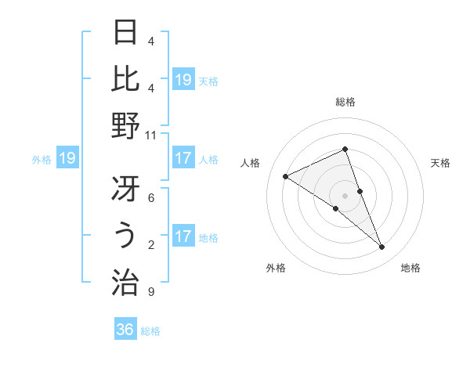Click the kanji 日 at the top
coord(126,34)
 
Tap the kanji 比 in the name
coord(126,78)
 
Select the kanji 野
coord(126,125)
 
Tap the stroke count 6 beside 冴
coord(150,199)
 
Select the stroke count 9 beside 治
coord(150,292)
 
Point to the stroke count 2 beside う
coord(150,245)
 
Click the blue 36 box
coord(125,330)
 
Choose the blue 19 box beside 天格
coord(183,80)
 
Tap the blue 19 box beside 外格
coord(67,159)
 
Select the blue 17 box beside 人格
coord(183,159)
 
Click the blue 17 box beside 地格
coord(183,237)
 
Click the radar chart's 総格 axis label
coord(345,102)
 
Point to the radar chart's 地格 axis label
coord(410,269)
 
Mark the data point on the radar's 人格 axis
coord(286,176)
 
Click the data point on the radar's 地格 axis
coord(382,247)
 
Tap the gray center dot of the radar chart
coord(345,195)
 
